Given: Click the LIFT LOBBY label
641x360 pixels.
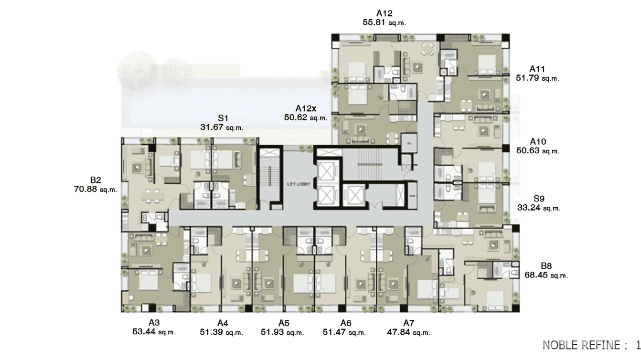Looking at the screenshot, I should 298,183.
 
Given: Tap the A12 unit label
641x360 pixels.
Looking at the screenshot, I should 384,13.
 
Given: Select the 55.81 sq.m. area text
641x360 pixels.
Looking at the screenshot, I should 384,22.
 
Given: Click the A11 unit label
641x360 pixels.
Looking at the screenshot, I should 537,69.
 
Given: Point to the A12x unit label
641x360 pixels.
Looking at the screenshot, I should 306,108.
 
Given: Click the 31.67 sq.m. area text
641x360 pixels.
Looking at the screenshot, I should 222,127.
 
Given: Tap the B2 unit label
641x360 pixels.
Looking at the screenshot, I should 96,180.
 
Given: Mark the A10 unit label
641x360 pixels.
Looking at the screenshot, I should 538,142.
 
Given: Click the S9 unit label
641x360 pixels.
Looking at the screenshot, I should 539,198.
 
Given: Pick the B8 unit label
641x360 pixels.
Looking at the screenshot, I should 546,266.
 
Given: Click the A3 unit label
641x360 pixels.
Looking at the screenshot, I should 154,323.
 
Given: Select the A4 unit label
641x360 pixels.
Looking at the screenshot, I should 222,323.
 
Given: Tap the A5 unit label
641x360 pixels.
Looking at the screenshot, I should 284,323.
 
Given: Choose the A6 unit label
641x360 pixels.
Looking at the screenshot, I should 345,323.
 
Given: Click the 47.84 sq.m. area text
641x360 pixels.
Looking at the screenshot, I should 408,332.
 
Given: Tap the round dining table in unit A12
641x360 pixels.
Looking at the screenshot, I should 428,48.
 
